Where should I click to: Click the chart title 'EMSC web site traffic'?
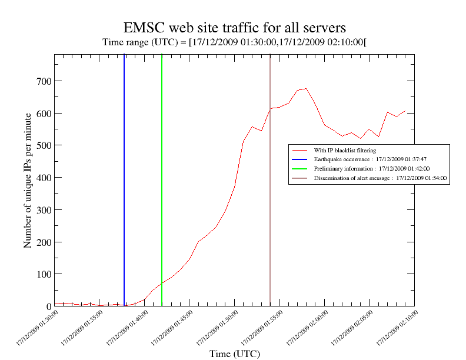[234, 28]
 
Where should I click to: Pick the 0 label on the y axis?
[47, 306]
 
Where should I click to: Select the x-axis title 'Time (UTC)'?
[234, 354]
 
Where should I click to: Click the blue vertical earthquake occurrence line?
[124, 176]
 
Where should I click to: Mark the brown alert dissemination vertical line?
[270, 176]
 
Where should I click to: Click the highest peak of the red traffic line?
[306, 89]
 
